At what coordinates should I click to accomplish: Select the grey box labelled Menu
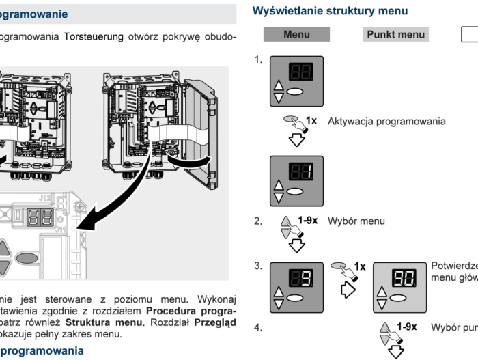(296, 34)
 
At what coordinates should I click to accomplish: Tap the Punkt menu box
(395, 34)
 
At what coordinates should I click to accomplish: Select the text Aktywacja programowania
(386, 122)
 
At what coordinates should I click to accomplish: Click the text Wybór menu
(356, 221)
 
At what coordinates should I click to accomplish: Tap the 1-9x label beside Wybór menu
(307, 221)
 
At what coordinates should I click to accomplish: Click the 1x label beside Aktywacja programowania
(311, 120)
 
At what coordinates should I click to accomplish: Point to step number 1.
(258, 60)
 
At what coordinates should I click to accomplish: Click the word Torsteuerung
(94, 36)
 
